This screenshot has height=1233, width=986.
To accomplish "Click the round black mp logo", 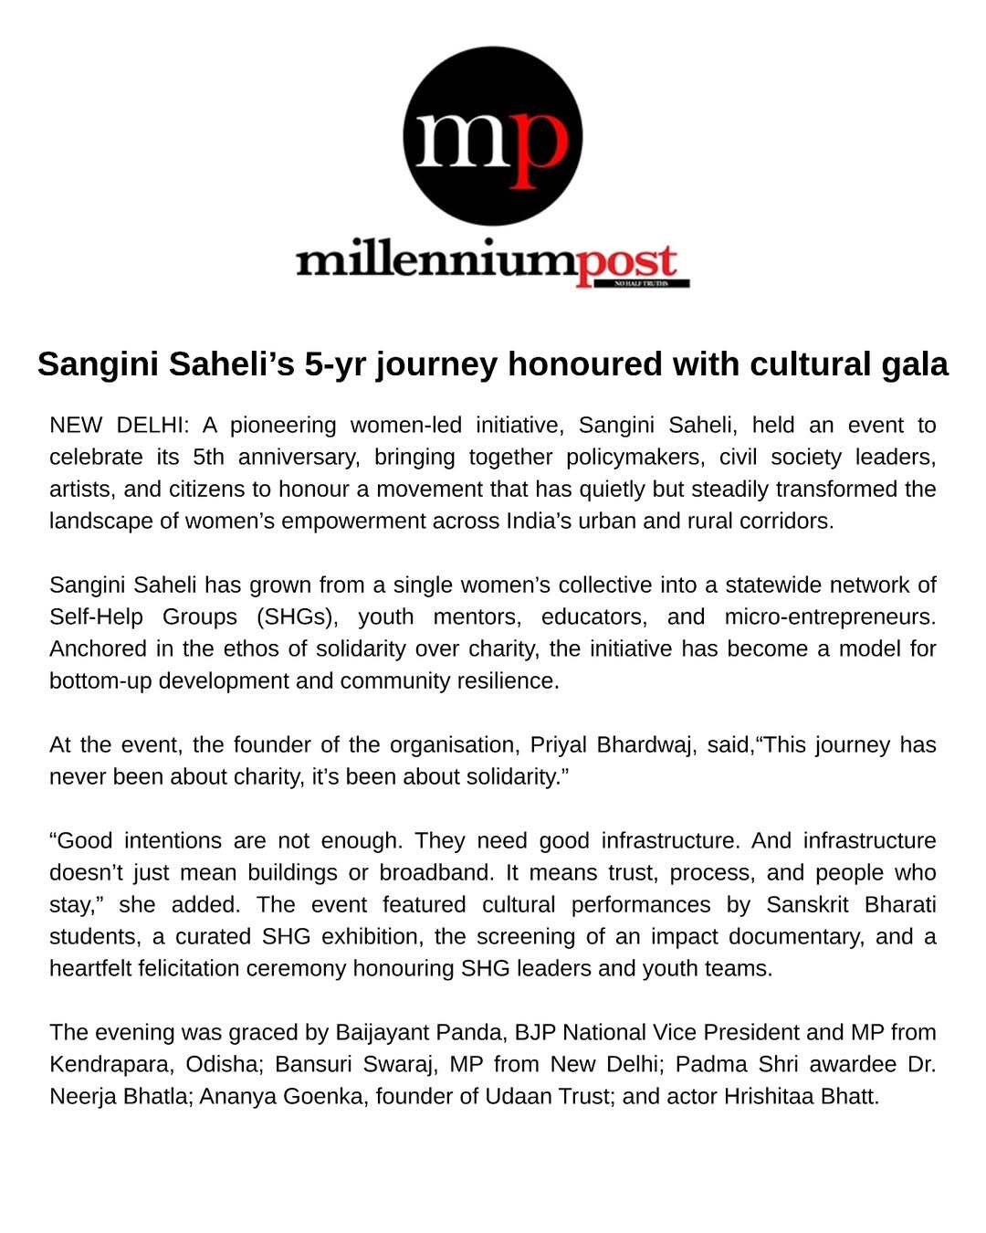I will pyautogui.click(x=493, y=136).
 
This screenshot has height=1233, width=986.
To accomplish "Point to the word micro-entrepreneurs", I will pyautogui.click(x=829, y=617).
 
